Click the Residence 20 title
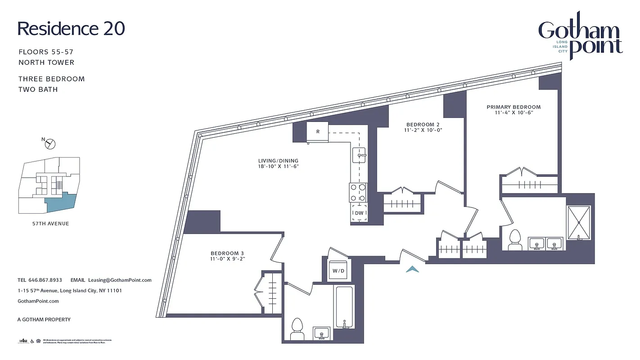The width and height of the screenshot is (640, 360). click(x=71, y=28)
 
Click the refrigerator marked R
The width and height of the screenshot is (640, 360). click(x=318, y=132)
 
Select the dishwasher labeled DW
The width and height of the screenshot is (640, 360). click(x=359, y=213)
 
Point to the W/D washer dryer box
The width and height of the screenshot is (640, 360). click(x=338, y=271)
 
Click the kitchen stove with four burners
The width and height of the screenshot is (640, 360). click(x=358, y=192)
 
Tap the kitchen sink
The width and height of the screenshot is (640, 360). click(x=360, y=156)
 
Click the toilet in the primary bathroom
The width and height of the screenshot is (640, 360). click(x=514, y=240)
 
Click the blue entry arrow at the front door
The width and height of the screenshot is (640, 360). click(x=412, y=269)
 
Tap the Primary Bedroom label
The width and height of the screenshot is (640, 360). click(x=514, y=107)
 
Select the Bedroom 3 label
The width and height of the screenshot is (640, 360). click(x=227, y=253)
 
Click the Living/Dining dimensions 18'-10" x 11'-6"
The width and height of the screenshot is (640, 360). click(x=278, y=166)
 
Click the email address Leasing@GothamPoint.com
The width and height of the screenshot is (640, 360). click(x=120, y=280)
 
